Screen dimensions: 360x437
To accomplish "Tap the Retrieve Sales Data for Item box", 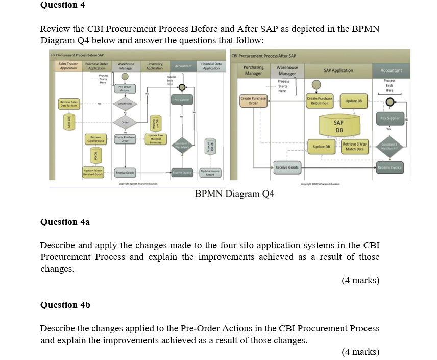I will pos(68,104).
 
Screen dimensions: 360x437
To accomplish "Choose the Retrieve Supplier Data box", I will pos(96,138).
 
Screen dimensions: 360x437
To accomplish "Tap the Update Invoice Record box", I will pos(210,173).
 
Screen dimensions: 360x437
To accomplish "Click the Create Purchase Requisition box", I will pos(320,100).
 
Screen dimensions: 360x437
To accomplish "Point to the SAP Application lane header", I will pos(338,70).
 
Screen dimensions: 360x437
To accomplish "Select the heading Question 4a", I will pos(65,222).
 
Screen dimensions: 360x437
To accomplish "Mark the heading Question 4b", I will pos(65,305).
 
